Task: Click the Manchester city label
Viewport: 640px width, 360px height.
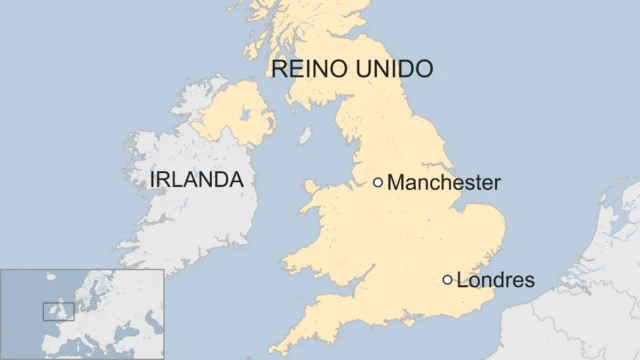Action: click(443, 183)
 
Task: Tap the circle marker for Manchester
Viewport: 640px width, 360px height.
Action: click(378, 182)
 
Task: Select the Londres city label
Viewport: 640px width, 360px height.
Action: click(495, 281)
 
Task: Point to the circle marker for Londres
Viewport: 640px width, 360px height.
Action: click(447, 280)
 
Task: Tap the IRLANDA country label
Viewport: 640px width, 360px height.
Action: click(196, 180)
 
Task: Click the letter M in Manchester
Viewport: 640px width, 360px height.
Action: click(395, 183)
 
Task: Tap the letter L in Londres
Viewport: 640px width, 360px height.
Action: click(461, 281)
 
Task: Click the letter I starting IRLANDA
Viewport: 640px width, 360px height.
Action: click(151, 180)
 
